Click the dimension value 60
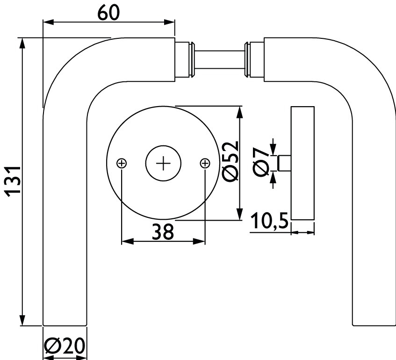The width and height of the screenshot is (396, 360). click(108, 13)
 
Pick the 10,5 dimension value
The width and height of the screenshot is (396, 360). click(269, 222)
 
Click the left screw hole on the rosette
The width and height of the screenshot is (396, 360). click(122, 163)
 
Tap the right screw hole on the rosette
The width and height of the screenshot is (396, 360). click(205, 163)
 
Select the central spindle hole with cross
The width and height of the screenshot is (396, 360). click(163, 163)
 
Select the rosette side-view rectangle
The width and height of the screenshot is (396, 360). click(302, 163)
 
